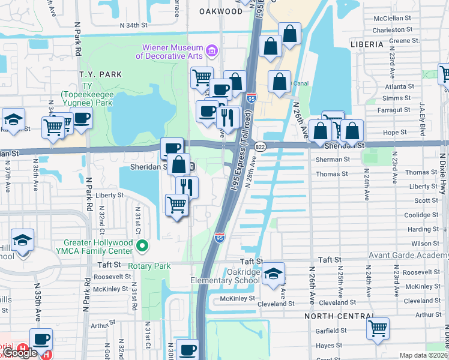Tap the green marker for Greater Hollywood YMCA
142,245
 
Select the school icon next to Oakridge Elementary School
273,274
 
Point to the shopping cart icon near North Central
378,328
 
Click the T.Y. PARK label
101,74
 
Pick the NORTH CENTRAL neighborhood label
339,316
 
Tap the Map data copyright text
424,355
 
